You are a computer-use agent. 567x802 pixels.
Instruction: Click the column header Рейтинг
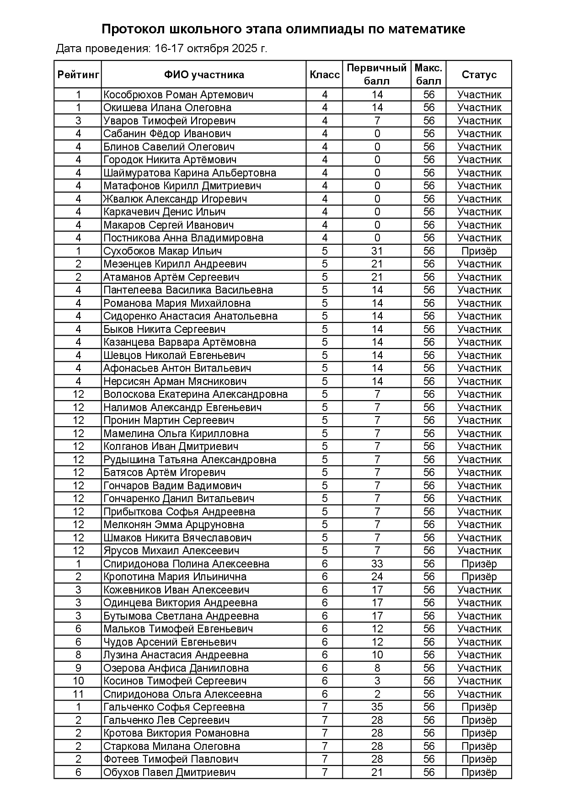coord(78,75)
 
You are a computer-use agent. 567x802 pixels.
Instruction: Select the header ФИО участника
coord(204,75)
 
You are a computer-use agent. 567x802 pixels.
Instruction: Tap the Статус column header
coord(479,75)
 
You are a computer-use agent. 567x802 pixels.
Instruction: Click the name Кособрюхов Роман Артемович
coord(178,95)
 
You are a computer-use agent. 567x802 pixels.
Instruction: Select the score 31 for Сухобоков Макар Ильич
coord(377,251)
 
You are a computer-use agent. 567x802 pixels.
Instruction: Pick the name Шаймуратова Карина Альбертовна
coord(190,173)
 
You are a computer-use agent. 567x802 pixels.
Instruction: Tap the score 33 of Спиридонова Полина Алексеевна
coord(377,564)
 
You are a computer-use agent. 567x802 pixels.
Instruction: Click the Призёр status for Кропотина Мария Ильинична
coord(479,577)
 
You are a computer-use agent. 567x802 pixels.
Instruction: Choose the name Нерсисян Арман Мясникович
coord(175,381)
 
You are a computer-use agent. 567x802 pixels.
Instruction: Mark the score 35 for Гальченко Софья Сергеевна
coord(377,707)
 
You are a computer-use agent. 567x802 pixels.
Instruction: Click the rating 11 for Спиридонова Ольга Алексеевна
coord(78,694)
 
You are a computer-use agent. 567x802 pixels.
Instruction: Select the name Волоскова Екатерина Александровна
coord(195,394)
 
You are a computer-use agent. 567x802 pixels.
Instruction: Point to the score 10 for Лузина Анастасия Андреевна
coord(377,655)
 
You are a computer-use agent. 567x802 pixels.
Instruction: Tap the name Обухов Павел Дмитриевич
coord(170,772)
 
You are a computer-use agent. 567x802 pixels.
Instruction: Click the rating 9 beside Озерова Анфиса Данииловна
coord(78,668)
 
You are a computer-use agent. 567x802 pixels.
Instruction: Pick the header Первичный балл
coord(377,75)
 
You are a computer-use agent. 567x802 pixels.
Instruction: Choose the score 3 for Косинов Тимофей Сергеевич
coord(377,681)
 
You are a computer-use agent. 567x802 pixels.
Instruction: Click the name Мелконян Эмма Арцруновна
coord(174,524)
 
